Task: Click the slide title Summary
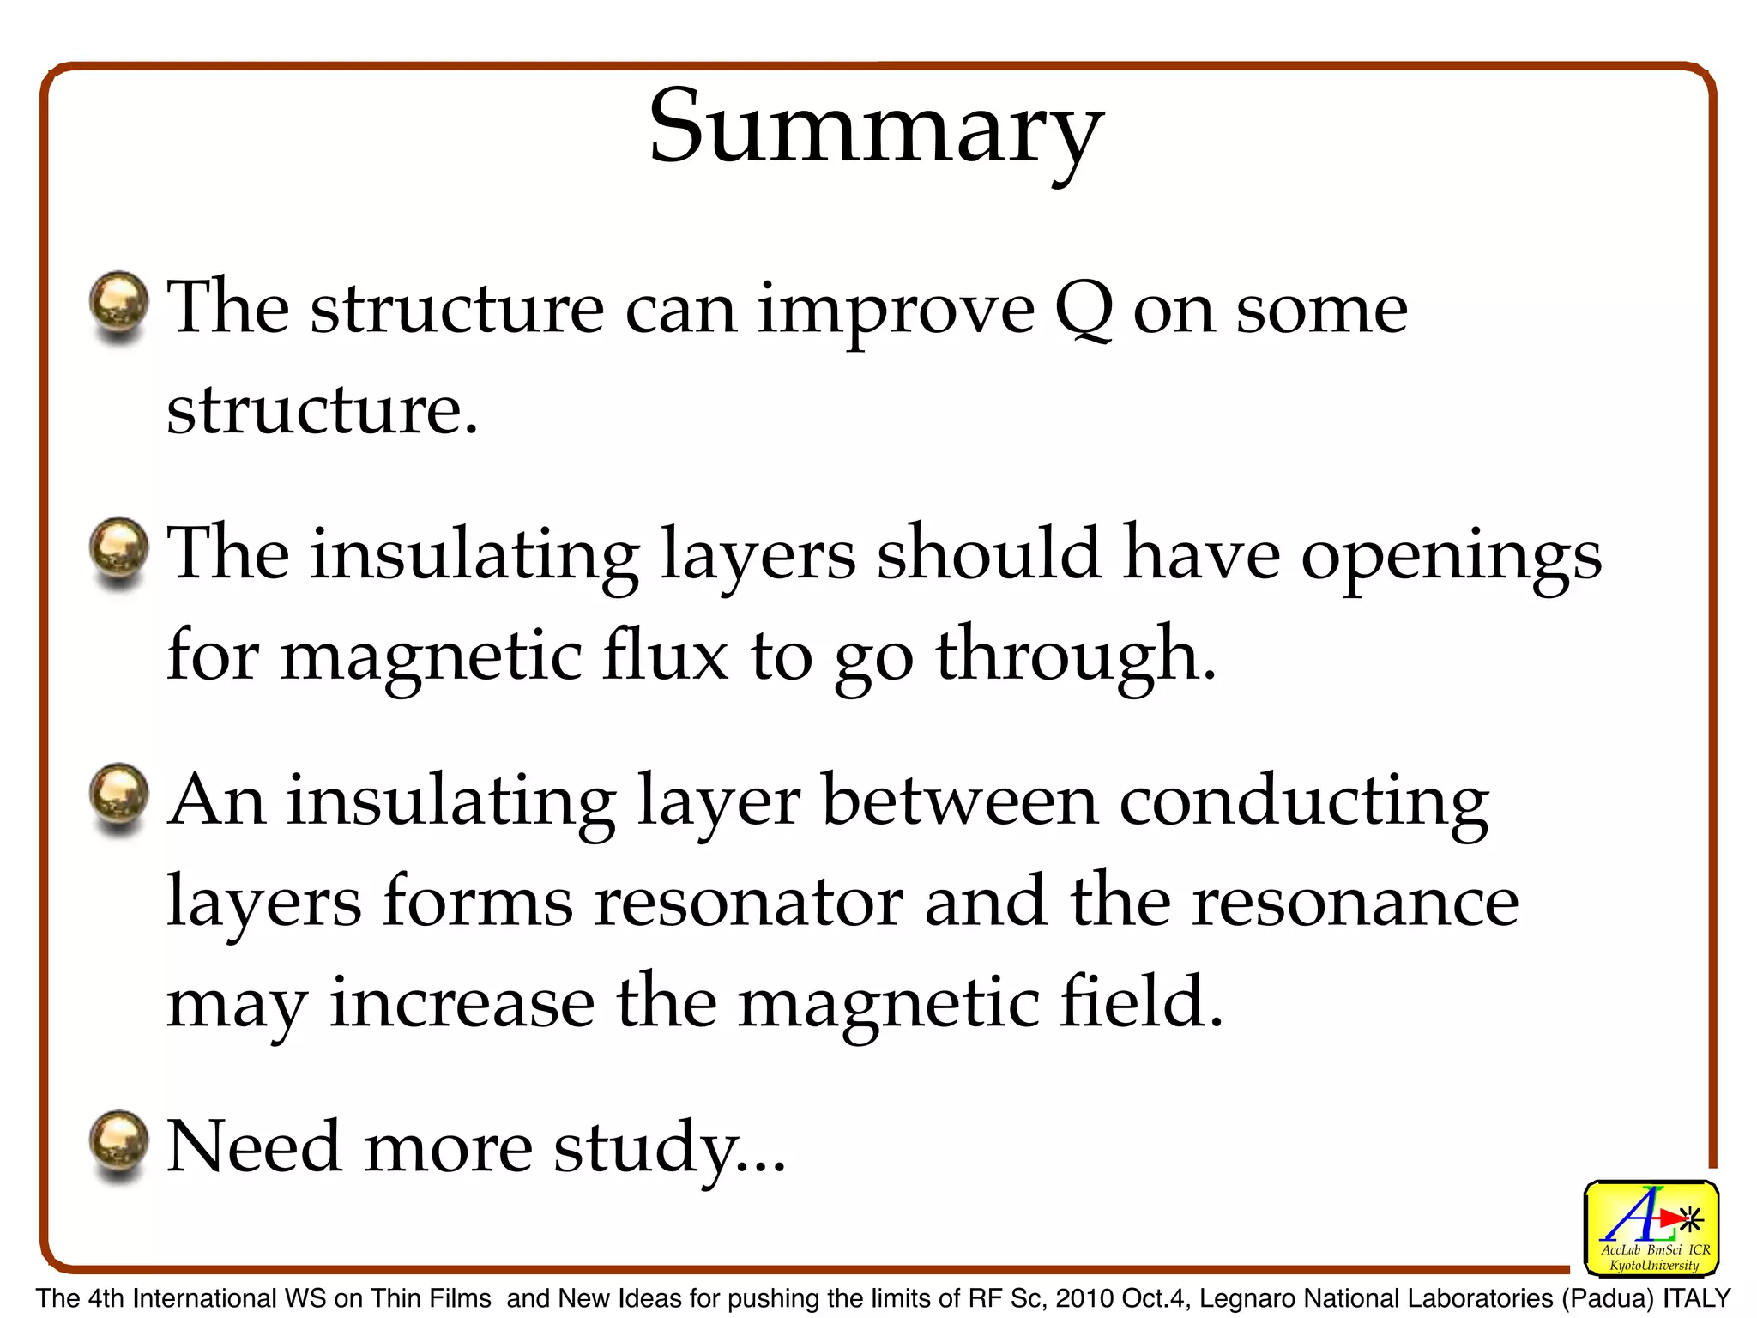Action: [x=876, y=129]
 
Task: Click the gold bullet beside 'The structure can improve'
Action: [x=119, y=304]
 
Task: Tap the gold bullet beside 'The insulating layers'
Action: [x=119, y=549]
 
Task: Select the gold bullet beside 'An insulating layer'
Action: [x=119, y=795]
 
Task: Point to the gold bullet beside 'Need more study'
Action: [x=119, y=1143]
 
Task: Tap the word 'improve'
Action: [x=896, y=311]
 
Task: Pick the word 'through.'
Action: [x=1076, y=657]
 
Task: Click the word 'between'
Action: [x=960, y=801]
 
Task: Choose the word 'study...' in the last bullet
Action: [x=669, y=1148]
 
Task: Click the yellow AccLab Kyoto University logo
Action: [x=1651, y=1229]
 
